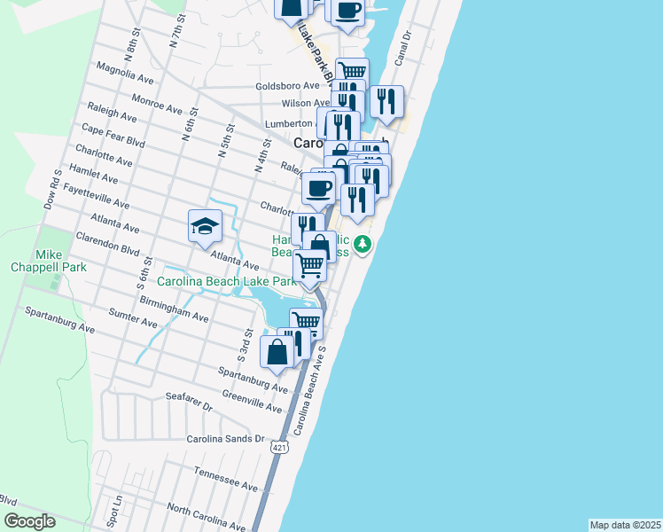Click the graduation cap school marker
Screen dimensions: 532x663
click(205, 226)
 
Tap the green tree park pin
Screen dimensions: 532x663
click(362, 244)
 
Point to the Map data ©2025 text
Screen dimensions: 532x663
click(625, 525)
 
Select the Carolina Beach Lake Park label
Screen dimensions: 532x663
click(225, 281)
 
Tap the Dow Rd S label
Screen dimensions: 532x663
click(52, 190)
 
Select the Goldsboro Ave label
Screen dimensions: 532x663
click(286, 86)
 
